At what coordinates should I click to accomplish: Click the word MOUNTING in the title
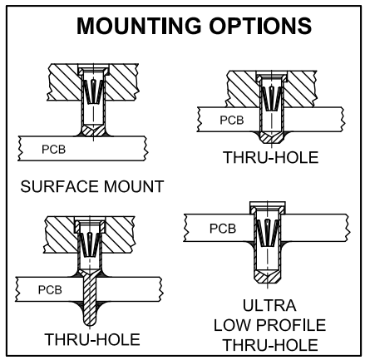[139, 26]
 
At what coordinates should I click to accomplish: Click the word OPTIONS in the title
[260, 26]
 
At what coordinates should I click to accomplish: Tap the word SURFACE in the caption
[60, 186]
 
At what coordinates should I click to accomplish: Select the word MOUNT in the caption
[134, 186]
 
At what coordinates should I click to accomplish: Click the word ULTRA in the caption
[269, 305]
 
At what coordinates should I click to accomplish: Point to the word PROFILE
[291, 325]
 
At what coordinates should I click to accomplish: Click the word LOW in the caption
[232, 325]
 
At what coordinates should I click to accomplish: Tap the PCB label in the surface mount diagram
[54, 150]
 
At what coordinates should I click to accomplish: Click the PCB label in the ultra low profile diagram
[223, 229]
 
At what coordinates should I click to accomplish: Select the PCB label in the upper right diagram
[232, 120]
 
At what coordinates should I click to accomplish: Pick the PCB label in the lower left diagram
[50, 290]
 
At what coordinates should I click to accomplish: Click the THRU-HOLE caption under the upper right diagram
[271, 157]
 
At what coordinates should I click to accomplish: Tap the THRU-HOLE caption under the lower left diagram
[92, 339]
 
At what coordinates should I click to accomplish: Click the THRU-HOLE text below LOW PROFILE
[270, 345]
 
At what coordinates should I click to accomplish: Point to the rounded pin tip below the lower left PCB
[90, 322]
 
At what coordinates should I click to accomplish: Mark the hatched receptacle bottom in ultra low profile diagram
[268, 277]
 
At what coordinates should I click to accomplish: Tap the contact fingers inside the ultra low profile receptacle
[268, 233]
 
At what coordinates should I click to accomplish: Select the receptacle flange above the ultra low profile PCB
[268, 208]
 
